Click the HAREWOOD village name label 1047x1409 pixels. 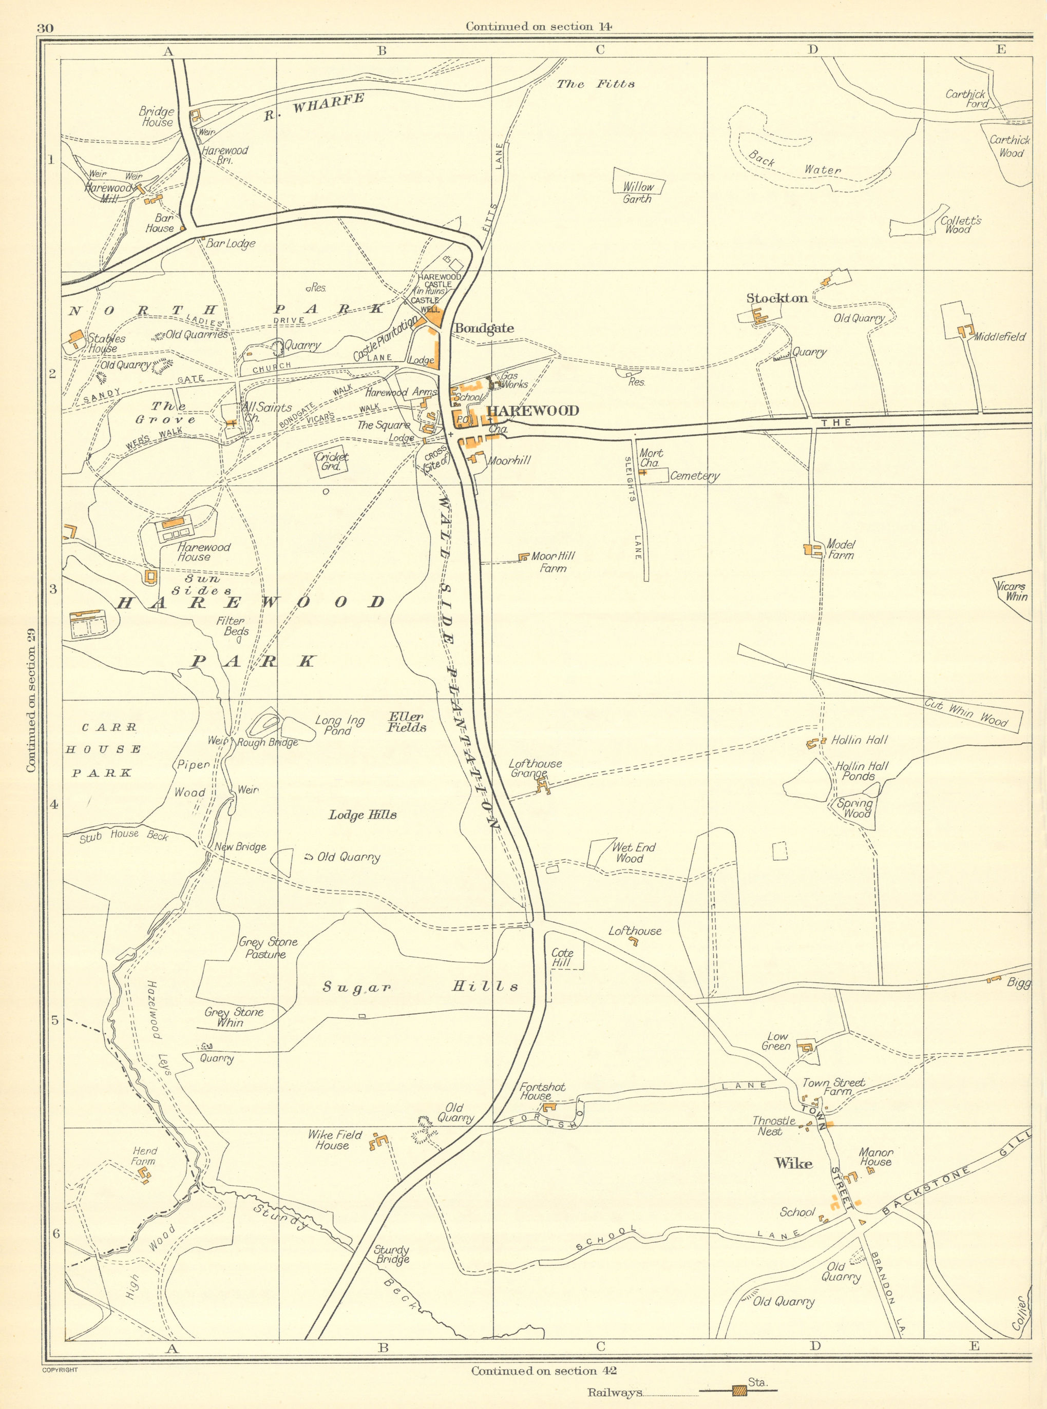tap(532, 411)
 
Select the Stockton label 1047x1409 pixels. tap(777, 298)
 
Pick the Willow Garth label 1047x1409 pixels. tap(638, 192)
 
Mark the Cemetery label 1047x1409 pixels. tap(695, 476)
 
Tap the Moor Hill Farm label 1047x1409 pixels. tap(553, 562)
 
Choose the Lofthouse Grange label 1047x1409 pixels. tap(535, 768)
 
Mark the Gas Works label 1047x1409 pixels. tap(514, 379)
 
